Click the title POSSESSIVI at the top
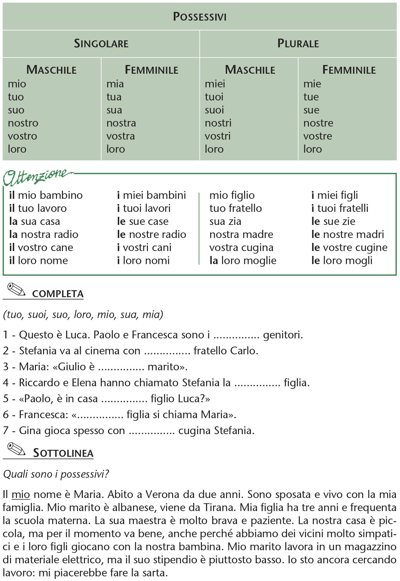[200, 17]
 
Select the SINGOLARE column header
[101, 44]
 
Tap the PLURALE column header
[298, 44]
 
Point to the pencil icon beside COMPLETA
[16, 290]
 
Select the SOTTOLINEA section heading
[63, 453]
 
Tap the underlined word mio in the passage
[21, 494]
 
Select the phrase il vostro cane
[41, 248]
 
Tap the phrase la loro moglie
[243, 261]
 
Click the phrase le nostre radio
[151, 234]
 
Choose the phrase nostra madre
[241, 234]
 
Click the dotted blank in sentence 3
[121, 367]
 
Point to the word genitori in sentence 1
[283, 335]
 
